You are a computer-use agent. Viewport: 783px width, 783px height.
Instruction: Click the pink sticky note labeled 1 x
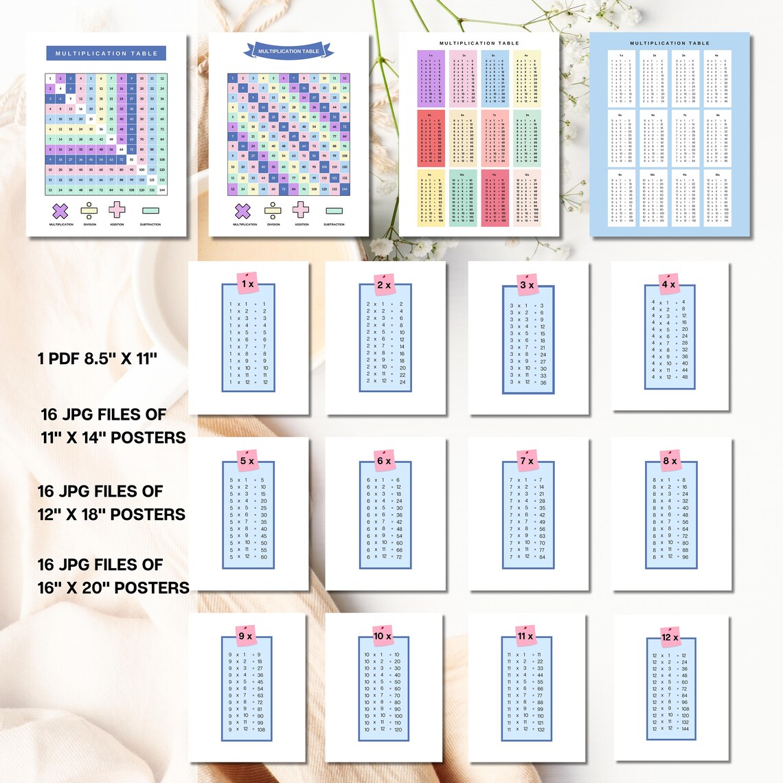[248, 283]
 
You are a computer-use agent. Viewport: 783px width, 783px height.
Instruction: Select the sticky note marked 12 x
[670, 637]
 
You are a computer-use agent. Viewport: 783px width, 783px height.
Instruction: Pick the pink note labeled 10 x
[383, 636]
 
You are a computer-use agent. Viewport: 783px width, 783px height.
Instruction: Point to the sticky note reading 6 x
[384, 460]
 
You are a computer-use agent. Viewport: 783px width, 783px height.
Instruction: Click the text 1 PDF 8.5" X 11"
[98, 358]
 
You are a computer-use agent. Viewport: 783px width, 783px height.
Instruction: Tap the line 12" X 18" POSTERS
[111, 514]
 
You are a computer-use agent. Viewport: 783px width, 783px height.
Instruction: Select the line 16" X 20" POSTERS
[113, 588]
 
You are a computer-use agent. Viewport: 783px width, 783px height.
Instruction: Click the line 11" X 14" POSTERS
[113, 438]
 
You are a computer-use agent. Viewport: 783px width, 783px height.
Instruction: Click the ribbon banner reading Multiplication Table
[288, 51]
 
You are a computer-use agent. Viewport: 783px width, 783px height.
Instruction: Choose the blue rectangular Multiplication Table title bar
[106, 53]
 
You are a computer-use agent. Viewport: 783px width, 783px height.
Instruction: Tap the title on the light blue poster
[670, 43]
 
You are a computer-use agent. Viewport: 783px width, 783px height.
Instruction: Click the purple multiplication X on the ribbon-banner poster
[242, 210]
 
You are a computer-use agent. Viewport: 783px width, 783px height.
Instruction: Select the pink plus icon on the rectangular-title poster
[117, 209]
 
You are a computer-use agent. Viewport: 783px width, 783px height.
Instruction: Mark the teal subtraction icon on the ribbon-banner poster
[334, 211]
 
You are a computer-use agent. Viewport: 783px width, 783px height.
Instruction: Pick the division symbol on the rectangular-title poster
[89, 210]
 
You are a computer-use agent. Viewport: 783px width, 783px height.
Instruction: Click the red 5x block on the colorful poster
[431, 138]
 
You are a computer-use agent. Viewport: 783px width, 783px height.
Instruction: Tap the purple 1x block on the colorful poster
[431, 78]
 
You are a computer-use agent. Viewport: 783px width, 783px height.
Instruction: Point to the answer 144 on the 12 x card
[685, 729]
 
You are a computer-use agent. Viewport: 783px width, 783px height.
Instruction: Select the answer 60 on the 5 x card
[264, 557]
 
